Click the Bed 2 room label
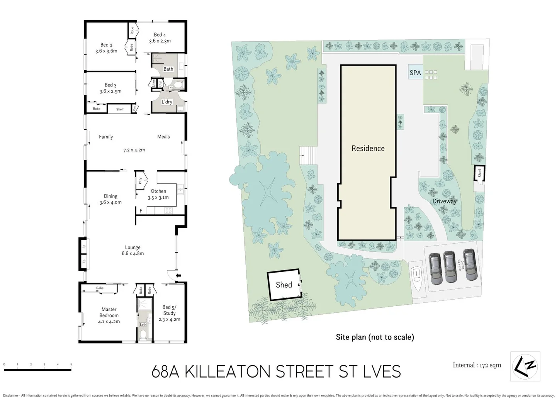click(x=106, y=45)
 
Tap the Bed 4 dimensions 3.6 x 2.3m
click(x=160, y=41)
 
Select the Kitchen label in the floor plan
click(x=158, y=191)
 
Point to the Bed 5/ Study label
click(x=169, y=310)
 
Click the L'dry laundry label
click(x=166, y=102)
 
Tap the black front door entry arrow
click(x=178, y=275)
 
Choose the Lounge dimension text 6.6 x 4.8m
click(x=132, y=254)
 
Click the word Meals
click(x=163, y=137)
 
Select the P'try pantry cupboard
click(x=140, y=181)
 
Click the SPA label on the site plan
click(x=415, y=73)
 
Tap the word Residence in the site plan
click(x=368, y=148)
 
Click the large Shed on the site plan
click(x=284, y=285)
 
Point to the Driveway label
click(x=444, y=201)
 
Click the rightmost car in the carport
click(x=470, y=264)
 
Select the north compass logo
click(x=525, y=366)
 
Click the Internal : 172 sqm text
click(x=477, y=365)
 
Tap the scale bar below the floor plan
click(x=37, y=370)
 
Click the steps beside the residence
click(x=307, y=155)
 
